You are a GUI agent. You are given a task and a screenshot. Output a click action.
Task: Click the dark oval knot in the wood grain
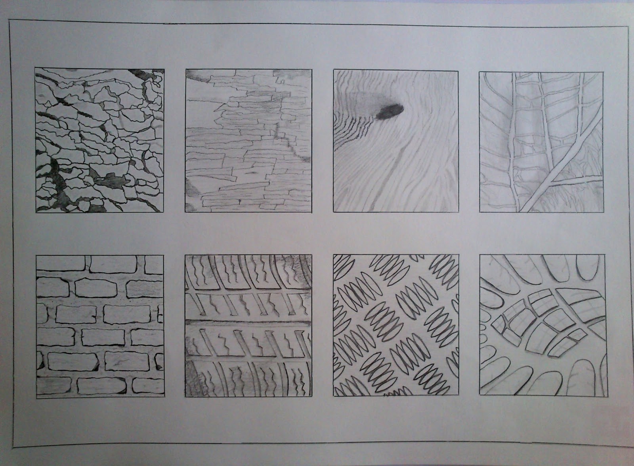tap(389, 111)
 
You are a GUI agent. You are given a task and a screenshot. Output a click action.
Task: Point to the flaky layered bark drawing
tap(248, 140)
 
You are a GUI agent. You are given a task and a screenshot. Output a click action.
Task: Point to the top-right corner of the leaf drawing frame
tap(603, 72)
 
